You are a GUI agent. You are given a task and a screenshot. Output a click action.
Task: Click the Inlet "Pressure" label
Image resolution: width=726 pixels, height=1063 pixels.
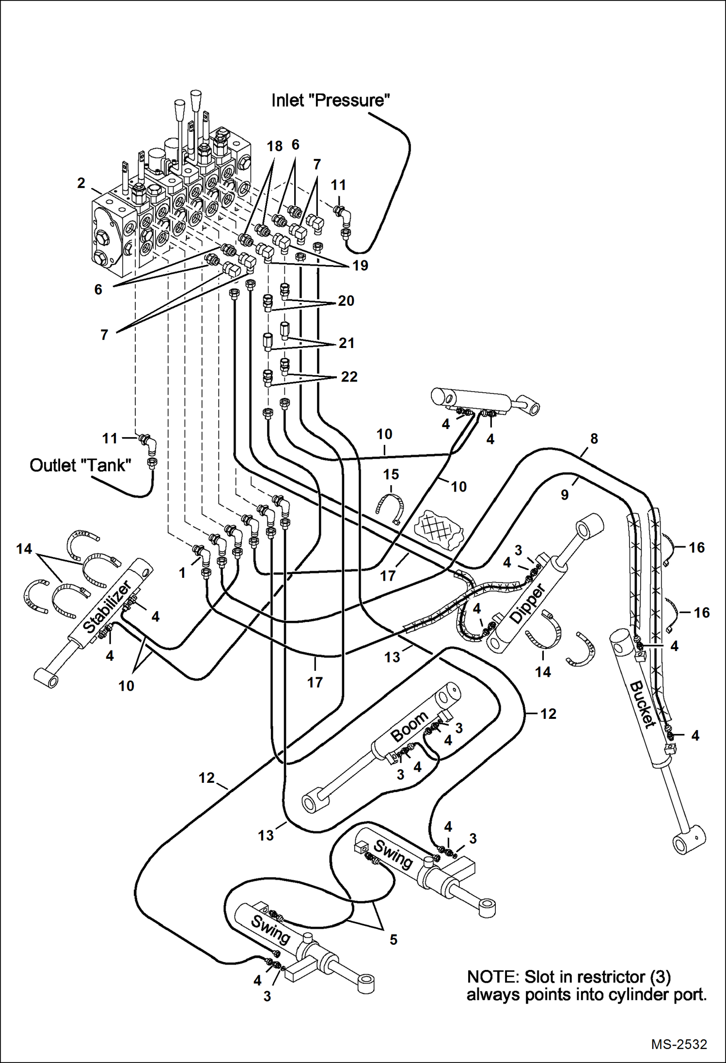point(331,100)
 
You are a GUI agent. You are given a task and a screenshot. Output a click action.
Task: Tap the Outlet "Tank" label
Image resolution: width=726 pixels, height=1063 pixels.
point(80,465)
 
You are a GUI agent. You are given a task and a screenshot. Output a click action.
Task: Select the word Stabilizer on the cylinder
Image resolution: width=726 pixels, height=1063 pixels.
point(107,607)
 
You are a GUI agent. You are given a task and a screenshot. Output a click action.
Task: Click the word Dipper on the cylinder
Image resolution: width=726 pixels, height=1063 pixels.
point(528,604)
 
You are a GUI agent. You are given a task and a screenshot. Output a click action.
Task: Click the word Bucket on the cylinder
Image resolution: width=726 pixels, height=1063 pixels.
point(642,704)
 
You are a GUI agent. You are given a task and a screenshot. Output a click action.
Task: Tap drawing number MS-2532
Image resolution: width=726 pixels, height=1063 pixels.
point(679,1044)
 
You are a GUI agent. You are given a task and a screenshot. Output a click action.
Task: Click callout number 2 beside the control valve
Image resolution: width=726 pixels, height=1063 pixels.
point(81,183)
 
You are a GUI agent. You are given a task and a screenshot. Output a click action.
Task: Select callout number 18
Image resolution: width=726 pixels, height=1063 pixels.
point(274,146)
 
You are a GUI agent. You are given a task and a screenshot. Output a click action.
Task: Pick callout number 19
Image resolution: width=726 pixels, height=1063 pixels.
point(360,265)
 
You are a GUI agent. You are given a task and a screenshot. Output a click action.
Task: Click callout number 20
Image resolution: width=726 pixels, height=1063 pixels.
point(346,301)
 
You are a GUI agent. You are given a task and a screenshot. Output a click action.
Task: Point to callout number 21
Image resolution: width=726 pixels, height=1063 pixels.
point(347,343)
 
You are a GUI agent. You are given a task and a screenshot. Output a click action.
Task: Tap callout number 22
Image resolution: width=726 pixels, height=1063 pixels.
point(349,377)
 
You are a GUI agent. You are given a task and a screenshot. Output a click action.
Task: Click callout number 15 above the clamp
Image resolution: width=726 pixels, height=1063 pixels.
point(391,474)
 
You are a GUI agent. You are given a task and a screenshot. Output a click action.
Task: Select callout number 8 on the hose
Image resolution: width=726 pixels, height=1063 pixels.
point(594,438)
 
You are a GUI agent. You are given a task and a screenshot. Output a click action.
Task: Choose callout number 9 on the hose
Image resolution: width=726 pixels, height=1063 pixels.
point(565,495)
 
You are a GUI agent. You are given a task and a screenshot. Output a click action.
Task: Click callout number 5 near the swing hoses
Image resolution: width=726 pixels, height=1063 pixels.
point(394,939)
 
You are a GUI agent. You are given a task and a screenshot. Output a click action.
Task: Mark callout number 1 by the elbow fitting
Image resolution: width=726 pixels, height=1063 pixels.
point(182,573)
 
